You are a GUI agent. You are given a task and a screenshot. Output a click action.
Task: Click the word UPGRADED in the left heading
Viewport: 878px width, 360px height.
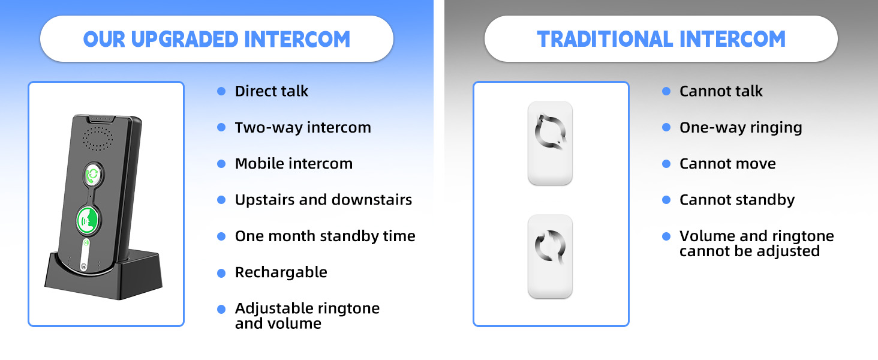(185, 39)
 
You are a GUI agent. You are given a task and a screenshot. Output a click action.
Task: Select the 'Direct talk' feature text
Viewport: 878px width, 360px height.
(271, 91)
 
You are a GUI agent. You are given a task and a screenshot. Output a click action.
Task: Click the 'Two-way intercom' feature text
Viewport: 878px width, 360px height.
(303, 127)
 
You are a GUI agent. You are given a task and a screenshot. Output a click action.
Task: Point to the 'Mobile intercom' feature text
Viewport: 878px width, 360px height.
(294, 164)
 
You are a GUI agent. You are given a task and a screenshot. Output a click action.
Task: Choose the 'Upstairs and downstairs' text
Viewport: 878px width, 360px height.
(323, 200)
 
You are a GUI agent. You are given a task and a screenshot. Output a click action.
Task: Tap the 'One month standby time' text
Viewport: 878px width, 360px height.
(325, 236)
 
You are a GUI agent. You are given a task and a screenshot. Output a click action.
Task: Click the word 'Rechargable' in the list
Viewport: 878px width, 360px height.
(281, 272)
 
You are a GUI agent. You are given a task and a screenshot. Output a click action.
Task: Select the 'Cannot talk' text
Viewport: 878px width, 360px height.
(721, 91)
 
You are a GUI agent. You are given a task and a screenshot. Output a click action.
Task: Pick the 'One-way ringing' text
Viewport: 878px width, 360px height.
(741, 127)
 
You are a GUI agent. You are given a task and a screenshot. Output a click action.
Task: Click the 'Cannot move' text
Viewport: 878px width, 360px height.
(727, 164)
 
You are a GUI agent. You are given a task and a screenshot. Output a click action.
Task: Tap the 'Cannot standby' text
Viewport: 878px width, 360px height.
(737, 200)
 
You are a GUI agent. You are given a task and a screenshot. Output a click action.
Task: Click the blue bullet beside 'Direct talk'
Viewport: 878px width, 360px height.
(221, 91)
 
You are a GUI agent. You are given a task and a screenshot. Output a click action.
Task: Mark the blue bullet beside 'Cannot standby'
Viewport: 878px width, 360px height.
(666, 200)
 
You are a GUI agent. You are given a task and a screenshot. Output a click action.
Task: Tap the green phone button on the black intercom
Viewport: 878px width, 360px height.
(93, 175)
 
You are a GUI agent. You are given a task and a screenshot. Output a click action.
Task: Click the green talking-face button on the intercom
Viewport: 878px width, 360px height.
(87, 220)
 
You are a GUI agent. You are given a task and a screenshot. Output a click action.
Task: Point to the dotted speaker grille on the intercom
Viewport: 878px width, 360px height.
(98, 139)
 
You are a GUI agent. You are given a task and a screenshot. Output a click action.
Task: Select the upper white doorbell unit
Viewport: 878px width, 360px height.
(550, 143)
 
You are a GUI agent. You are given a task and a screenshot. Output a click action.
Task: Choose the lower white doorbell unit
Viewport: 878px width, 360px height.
(550, 256)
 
